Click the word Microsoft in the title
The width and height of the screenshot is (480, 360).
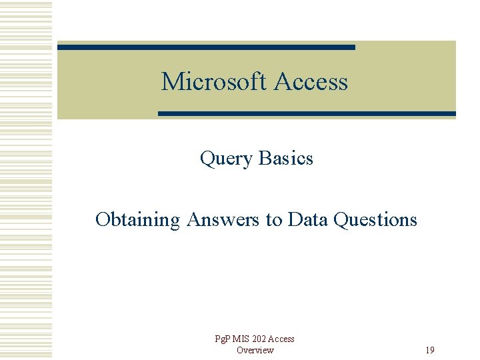tap(214, 82)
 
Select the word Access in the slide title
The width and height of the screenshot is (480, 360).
tap(311, 82)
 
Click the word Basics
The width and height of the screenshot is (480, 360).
tap(285, 158)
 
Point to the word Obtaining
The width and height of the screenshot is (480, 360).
tap(137, 220)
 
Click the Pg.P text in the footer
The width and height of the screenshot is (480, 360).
tap(223, 339)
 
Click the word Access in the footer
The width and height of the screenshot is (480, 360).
tap(282, 339)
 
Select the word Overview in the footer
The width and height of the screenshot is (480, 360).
tap(255, 351)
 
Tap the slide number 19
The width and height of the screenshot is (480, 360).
tap(430, 351)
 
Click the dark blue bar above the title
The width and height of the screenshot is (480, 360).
tap(206, 47)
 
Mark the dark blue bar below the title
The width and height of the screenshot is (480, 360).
tap(307, 114)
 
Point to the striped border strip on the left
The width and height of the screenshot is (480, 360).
tap(26, 180)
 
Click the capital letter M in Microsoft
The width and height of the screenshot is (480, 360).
tap(169, 82)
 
